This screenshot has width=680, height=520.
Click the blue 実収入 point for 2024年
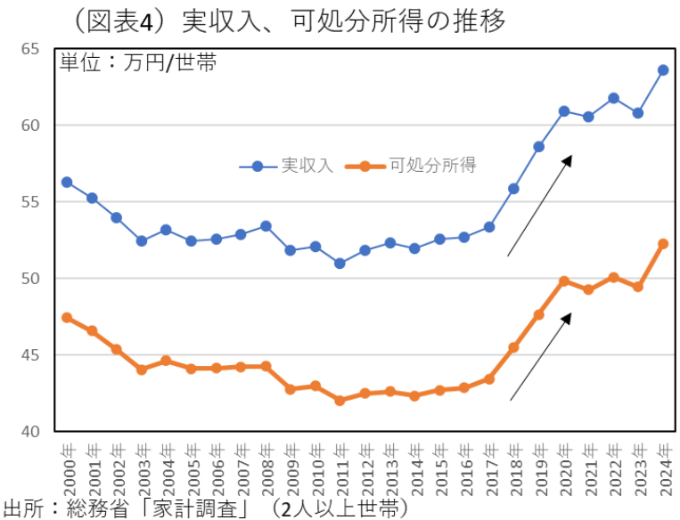pos(663,69)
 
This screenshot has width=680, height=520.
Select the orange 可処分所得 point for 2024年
pos(663,243)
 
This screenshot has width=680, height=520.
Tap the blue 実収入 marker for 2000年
pos(67,182)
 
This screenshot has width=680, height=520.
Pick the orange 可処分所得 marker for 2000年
pos(67,317)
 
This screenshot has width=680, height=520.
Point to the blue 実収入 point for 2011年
pos(340,263)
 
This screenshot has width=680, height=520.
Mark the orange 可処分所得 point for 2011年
pos(340,401)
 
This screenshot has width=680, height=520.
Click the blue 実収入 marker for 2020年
pos(564,111)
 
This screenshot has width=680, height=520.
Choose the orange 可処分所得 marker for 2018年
pos(514,347)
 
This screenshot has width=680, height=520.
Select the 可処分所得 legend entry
pos(419,166)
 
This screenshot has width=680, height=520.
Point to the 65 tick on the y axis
pos(31,48)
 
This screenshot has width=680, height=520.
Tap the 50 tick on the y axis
pos(31,279)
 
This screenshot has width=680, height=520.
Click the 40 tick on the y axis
pos(31,432)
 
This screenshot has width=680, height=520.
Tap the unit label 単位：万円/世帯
pos(138,63)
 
